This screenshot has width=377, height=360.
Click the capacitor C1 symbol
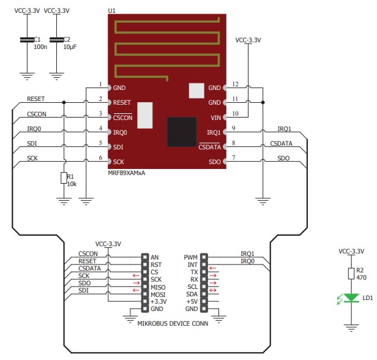point(26,40)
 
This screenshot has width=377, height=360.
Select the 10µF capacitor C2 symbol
point(57,40)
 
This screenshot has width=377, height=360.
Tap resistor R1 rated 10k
point(64,178)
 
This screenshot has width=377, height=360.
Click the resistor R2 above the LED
point(351,274)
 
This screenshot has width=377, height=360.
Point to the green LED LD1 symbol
point(351,298)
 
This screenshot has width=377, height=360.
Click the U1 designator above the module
point(111,11)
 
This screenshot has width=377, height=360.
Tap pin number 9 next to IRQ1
point(234,128)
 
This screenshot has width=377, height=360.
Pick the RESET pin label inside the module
point(122,103)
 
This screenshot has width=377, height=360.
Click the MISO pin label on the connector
point(158,287)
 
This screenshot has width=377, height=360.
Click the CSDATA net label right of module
point(281,143)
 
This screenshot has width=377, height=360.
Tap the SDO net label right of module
point(283,158)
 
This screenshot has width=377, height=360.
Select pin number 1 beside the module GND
point(100,84)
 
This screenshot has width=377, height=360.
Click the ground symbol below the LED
point(351,326)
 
